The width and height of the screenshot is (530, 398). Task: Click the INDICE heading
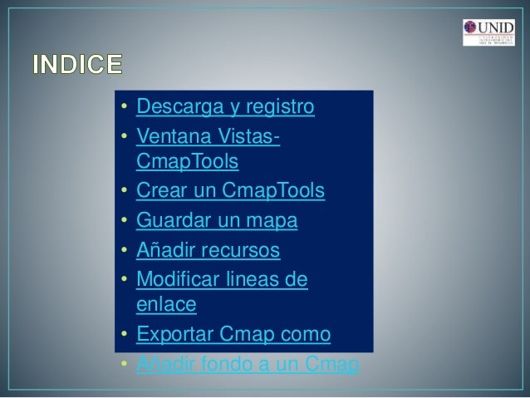tap(76, 63)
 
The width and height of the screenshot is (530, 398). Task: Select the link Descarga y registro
tap(224, 107)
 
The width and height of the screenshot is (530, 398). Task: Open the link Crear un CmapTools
tap(230, 193)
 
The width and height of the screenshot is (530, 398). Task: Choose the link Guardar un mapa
tap(216, 221)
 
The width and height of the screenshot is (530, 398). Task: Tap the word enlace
tap(165, 306)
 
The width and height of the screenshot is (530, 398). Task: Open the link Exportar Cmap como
tap(233, 335)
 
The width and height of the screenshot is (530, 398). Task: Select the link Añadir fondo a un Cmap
tap(247, 363)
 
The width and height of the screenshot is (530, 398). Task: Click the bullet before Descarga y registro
tap(122, 108)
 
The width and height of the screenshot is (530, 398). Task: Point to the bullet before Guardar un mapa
tap(122, 222)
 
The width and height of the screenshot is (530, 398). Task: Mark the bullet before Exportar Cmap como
tap(122, 336)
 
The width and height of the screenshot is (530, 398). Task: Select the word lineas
tap(255, 278)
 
